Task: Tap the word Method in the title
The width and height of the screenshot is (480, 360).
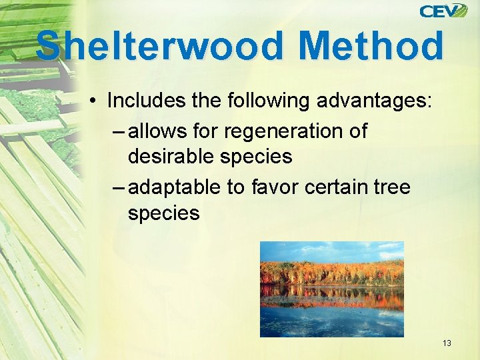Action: click(371, 47)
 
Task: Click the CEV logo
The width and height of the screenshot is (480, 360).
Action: click(443, 11)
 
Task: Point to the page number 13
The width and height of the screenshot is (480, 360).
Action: click(446, 343)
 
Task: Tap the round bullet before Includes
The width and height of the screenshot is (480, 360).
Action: click(96, 101)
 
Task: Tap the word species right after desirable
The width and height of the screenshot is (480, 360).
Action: click(259, 157)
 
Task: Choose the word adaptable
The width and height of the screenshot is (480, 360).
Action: click(175, 188)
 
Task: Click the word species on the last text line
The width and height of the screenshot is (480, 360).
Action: click(163, 214)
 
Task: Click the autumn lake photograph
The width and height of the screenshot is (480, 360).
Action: click(331, 289)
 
